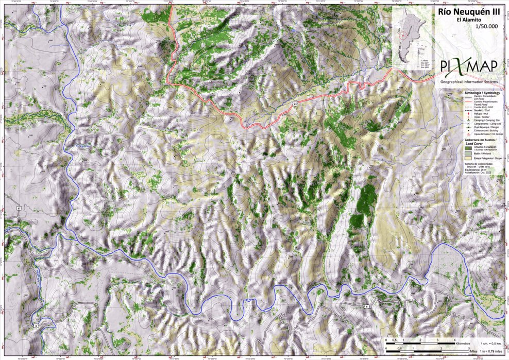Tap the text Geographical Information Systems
pos(469,81)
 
